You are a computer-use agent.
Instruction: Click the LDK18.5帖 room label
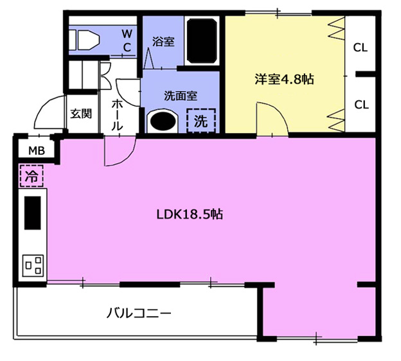tap(190, 215)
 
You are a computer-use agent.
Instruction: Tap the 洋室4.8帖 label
tap(283, 80)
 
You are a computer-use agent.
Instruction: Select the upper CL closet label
tap(361, 47)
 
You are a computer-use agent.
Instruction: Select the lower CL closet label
tap(361, 104)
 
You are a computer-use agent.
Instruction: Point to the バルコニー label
tap(138, 314)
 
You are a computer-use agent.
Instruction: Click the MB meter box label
tap(36, 152)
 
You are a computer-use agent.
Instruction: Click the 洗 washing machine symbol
tap(201, 120)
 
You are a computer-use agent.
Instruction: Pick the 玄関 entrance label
tap(80, 114)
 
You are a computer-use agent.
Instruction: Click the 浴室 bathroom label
tap(163, 42)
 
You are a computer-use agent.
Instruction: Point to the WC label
tap(127, 40)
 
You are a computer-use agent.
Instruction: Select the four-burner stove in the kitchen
tap(33, 265)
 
